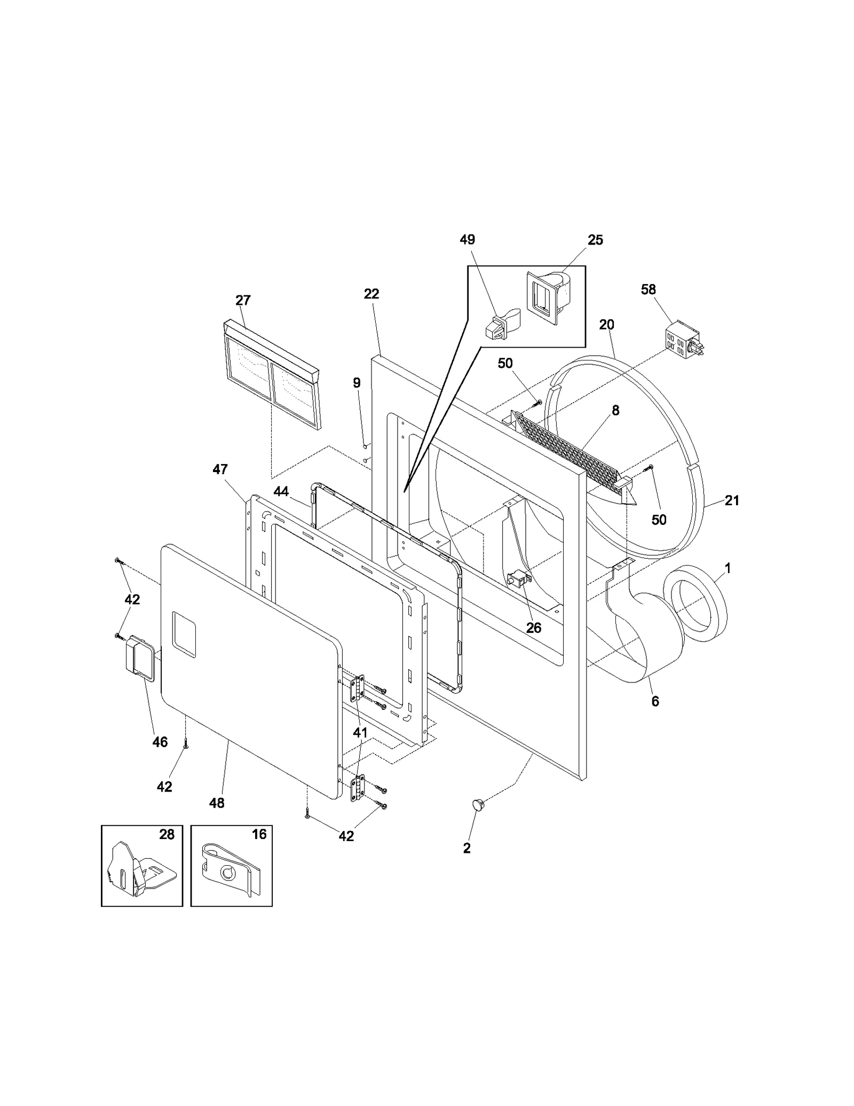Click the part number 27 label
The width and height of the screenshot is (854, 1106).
pyautogui.click(x=243, y=300)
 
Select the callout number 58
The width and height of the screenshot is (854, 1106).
pyautogui.click(x=649, y=289)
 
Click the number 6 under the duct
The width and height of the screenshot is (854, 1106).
pyautogui.click(x=655, y=701)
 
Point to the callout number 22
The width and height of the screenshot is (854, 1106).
pyautogui.click(x=371, y=294)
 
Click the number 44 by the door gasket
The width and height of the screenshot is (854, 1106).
pyautogui.click(x=281, y=491)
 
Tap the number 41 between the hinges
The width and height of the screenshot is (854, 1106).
pyautogui.click(x=360, y=733)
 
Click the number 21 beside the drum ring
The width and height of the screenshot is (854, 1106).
pyautogui.click(x=732, y=500)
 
